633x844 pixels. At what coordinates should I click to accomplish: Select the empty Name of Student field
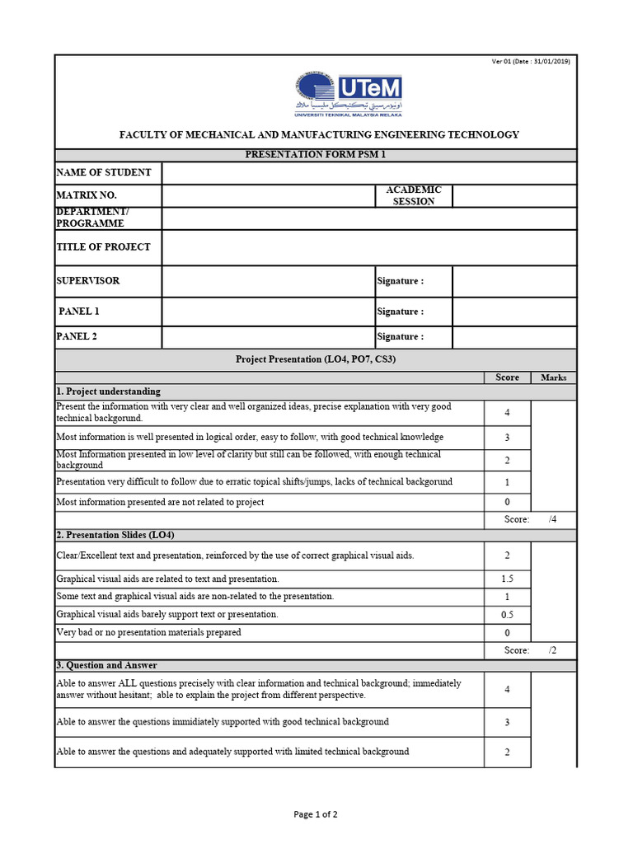pyautogui.click(x=368, y=173)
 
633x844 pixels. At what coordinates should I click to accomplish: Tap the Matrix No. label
pyautogui.click(x=87, y=195)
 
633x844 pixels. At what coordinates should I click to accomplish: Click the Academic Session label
pyautogui.click(x=414, y=195)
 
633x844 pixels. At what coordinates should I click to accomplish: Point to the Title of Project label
pyautogui.click(x=103, y=246)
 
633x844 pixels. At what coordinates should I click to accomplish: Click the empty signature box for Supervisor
pyautogui.click(x=514, y=281)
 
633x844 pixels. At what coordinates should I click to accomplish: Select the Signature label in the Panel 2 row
pyautogui.click(x=400, y=337)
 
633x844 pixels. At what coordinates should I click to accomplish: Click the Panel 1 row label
pyautogui.click(x=79, y=312)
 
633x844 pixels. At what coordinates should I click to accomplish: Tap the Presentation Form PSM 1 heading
pyautogui.click(x=316, y=155)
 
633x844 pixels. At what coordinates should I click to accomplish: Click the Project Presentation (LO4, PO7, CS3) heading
pyautogui.click(x=316, y=359)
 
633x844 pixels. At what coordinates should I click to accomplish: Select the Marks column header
pyautogui.click(x=554, y=377)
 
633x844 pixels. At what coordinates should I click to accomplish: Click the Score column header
pyautogui.click(x=507, y=377)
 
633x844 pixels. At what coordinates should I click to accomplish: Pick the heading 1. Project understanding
pyautogui.click(x=108, y=392)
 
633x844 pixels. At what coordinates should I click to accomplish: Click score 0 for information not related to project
pyautogui.click(x=507, y=502)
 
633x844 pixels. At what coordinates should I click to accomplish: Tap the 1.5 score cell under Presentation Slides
pyautogui.click(x=507, y=579)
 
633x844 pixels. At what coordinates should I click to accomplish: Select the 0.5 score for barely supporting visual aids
pyautogui.click(x=507, y=615)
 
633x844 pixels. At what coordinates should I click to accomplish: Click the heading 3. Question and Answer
pyautogui.click(x=106, y=665)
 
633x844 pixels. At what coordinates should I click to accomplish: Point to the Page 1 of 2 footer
pyautogui.click(x=316, y=814)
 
